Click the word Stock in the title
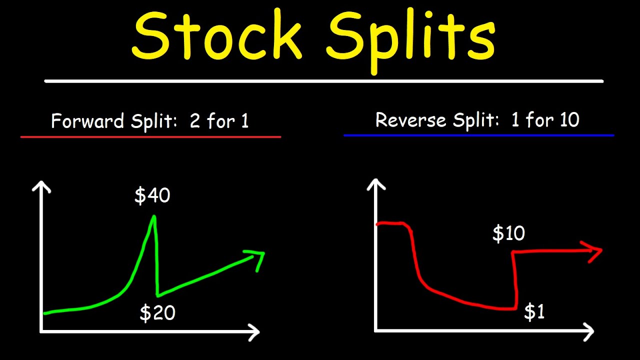point(217,36)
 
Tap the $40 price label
point(152,195)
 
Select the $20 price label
point(157,313)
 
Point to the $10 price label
point(508,233)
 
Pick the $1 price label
point(534,312)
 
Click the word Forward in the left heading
point(87,121)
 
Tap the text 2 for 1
point(219,121)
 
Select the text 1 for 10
point(545,120)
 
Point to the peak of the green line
point(153,216)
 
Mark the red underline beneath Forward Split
point(150,136)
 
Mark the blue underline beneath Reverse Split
point(478,135)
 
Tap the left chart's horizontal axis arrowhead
point(254,331)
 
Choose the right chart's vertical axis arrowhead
point(376,184)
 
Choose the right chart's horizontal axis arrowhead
point(588,331)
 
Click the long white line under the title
point(323,81)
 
